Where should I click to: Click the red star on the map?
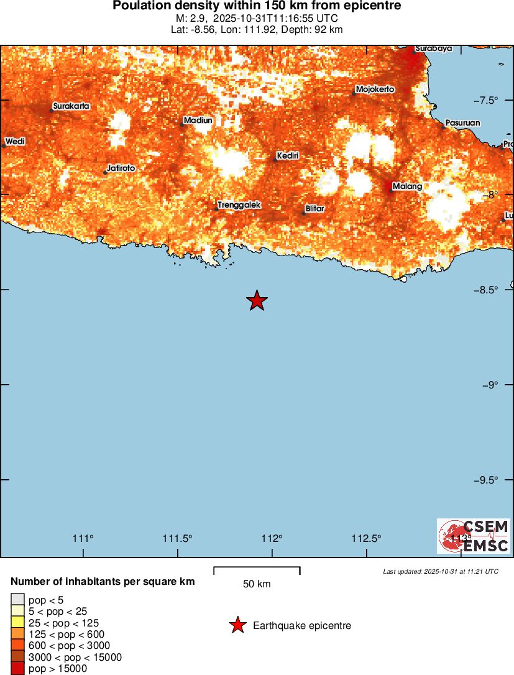coord(257,301)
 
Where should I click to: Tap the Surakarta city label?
coord(71,106)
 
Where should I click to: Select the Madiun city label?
coord(198,121)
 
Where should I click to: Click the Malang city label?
coord(408,186)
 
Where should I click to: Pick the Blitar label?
coord(315,209)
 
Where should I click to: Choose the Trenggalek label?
coord(239,204)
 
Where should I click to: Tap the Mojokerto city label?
coord(375,90)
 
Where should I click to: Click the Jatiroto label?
coord(121,168)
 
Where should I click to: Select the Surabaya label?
coord(434,48)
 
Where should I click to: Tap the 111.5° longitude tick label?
coord(178,538)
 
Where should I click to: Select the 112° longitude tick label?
coord(272,538)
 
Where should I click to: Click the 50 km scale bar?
coord(257,569)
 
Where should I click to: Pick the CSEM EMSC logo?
coord(474,536)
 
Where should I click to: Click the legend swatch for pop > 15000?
coord(17,669)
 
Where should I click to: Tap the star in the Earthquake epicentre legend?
coord(237,625)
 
